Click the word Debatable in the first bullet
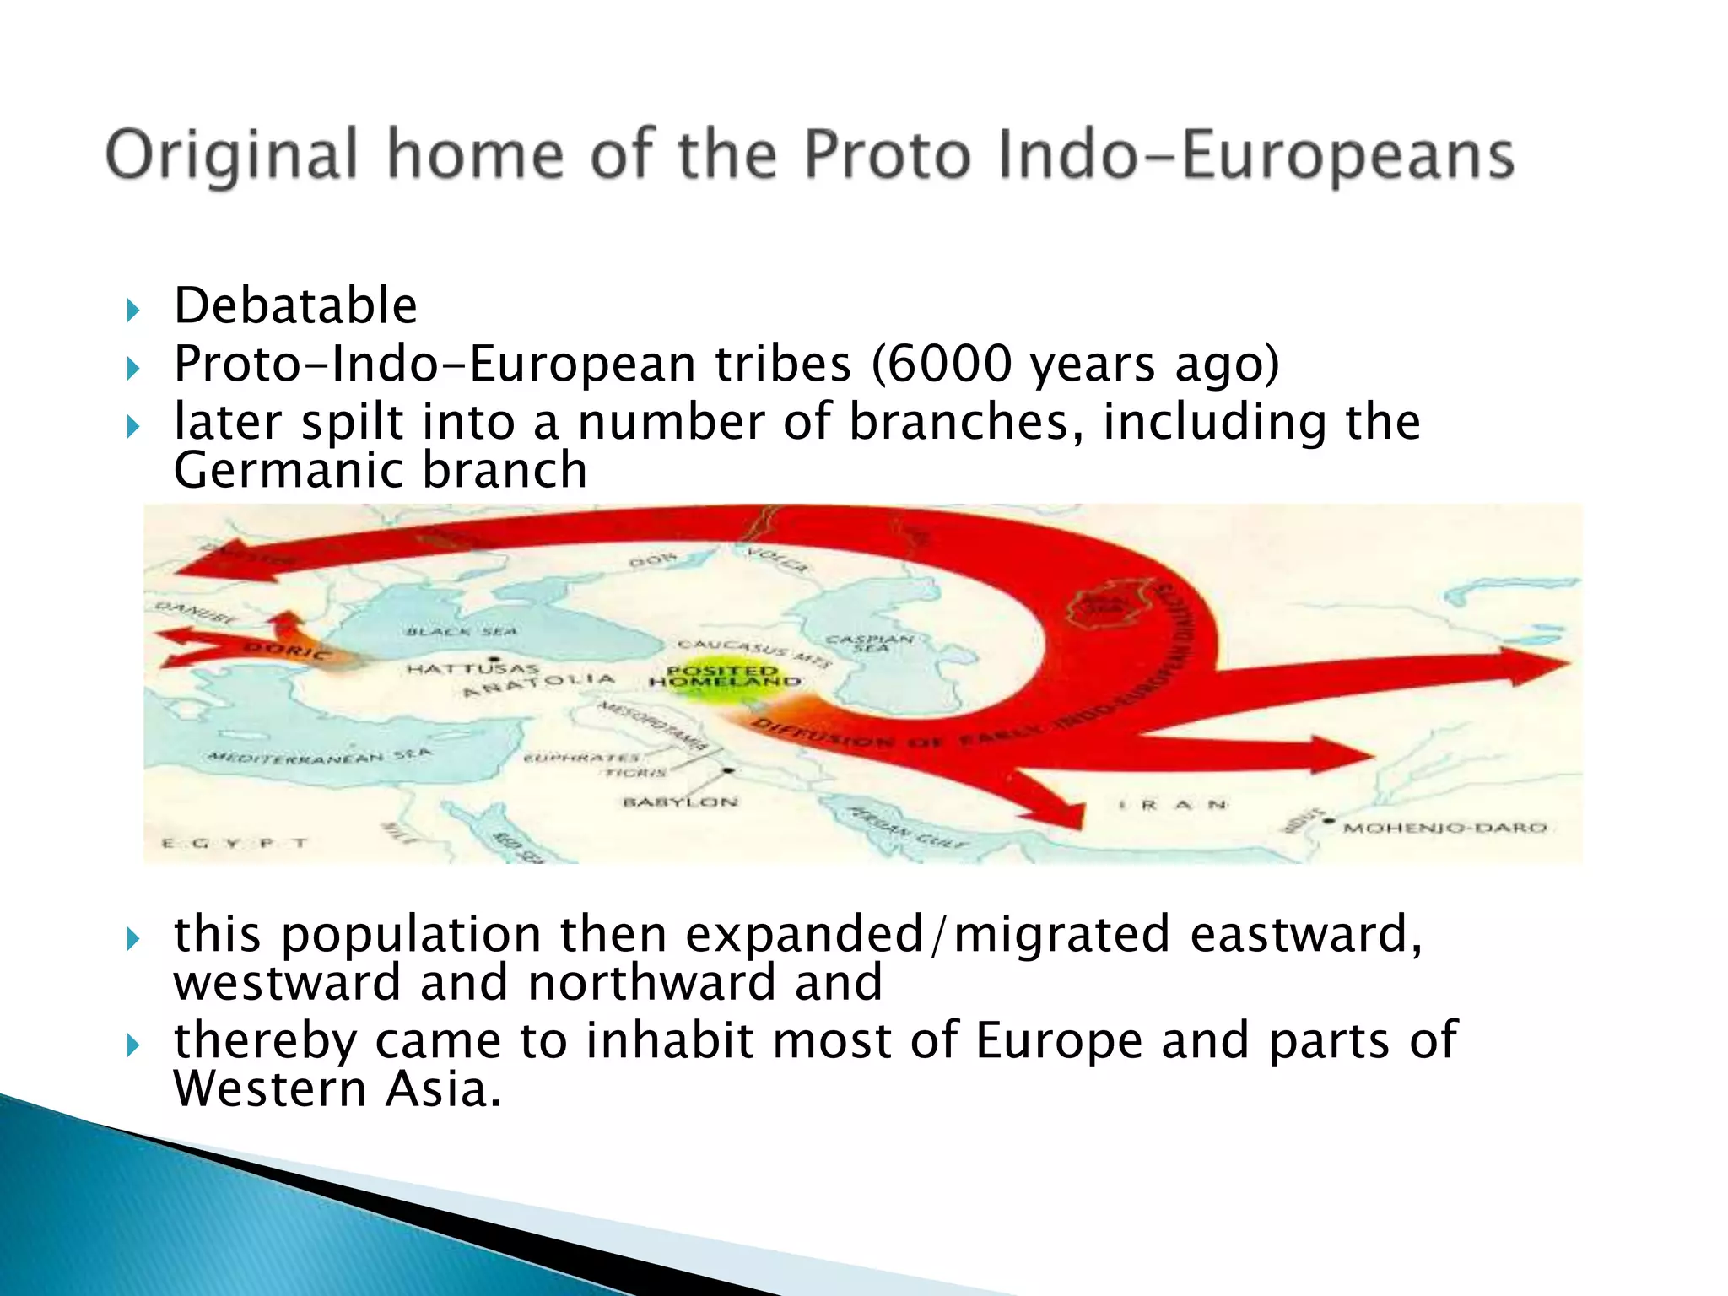coord(295,305)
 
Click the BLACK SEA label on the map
coord(462,631)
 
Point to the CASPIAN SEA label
coord(869,643)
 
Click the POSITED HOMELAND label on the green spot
coord(725,676)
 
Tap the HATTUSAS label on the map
coord(472,669)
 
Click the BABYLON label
coord(680,802)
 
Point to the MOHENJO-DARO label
coord(1444,828)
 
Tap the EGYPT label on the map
coord(235,842)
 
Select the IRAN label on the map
coord(1172,805)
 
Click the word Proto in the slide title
coord(885,155)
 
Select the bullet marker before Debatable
coord(132,310)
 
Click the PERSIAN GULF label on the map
coord(908,829)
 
